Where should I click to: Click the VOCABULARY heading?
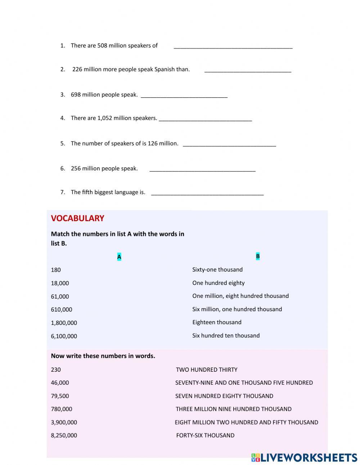(x=77, y=218)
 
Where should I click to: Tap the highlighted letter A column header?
(x=119, y=257)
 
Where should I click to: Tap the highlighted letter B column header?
(x=258, y=256)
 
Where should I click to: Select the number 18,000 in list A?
(x=60, y=283)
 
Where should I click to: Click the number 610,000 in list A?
(x=62, y=309)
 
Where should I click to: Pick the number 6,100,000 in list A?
(x=64, y=336)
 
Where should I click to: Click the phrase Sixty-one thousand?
(x=217, y=269)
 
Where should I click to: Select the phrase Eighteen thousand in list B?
(x=217, y=322)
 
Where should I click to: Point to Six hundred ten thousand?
(x=226, y=335)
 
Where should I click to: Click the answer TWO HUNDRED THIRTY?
(x=207, y=370)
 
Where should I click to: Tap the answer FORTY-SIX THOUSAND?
(x=205, y=435)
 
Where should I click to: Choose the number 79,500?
(x=60, y=396)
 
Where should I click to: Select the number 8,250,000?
(x=64, y=435)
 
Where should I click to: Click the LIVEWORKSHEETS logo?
(x=304, y=457)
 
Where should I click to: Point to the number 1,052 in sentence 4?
(x=105, y=118)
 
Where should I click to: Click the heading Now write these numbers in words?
(x=103, y=356)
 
